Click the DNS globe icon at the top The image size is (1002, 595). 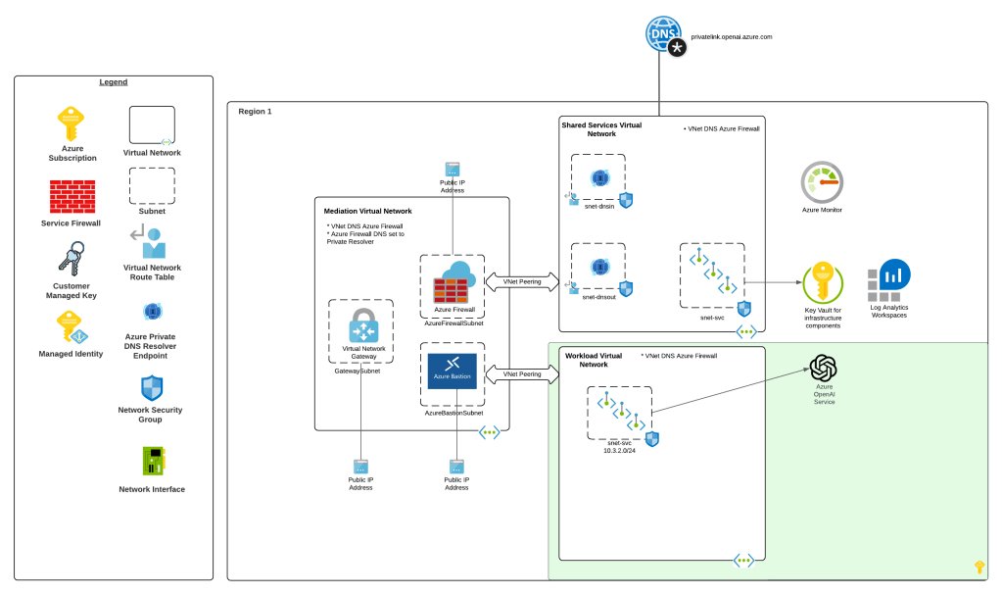pos(662,34)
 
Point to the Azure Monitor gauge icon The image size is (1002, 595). pos(822,182)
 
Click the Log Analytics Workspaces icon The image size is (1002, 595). pos(888,282)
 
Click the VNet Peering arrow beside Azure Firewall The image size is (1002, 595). pos(521,281)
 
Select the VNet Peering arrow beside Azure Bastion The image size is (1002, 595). pos(521,374)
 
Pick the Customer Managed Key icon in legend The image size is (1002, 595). pos(72,262)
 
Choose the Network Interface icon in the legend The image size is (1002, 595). pos(151,461)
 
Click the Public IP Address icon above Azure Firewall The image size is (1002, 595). pos(452,169)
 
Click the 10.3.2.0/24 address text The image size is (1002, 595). pos(623,453)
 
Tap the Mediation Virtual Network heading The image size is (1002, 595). pos(367,211)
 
